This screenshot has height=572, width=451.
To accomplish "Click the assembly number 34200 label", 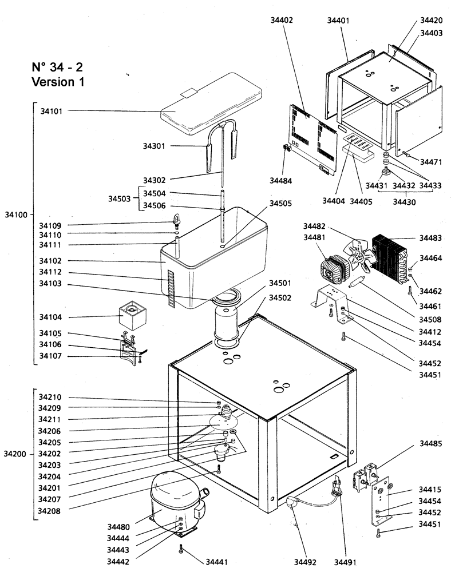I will click(15, 453).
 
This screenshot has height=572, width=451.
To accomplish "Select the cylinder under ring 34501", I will click(227, 324).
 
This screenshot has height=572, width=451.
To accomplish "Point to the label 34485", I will click(431, 444).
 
